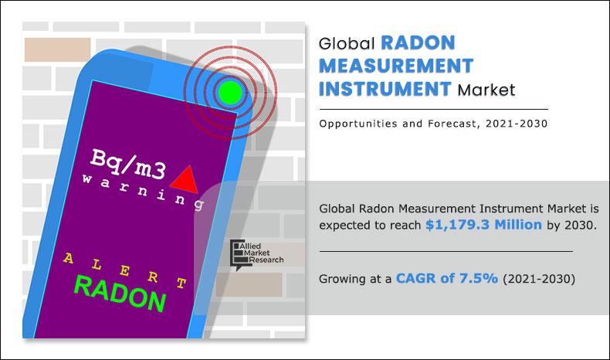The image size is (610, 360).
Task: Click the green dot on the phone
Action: click(229, 94)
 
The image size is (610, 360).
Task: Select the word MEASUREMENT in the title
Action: click(396, 66)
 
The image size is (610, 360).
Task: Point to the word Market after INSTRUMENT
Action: click(486, 90)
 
